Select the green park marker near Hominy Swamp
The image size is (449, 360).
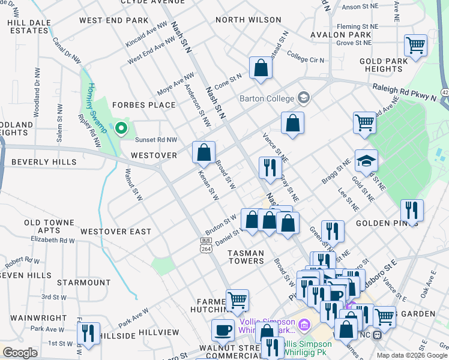pos(121,128)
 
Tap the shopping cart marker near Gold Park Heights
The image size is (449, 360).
pos(415,46)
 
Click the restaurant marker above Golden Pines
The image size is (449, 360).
pos(412,211)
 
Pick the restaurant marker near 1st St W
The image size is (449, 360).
pos(88,334)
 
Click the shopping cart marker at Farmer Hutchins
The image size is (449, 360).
pos(237,301)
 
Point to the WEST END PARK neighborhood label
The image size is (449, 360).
pos(113,20)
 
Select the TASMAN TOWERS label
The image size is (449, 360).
pos(246,257)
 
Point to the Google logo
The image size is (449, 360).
pos(20,353)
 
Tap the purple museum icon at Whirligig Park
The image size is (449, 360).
pos(304,325)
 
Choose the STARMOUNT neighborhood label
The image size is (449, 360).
pos(84,282)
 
